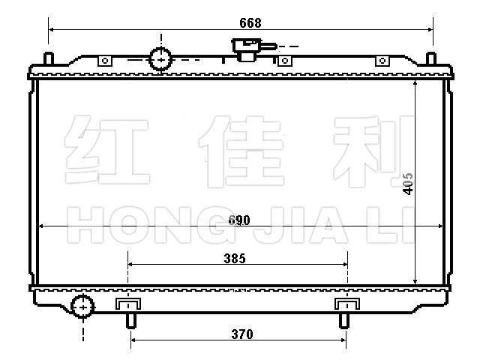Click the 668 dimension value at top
[250, 23]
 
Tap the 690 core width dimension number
[239, 220]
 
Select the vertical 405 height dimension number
[408, 184]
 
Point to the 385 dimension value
[235, 259]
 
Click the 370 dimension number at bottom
[242, 334]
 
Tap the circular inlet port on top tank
[160, 59]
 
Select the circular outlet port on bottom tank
[82, 307]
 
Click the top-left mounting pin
[49, 58]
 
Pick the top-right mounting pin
[431, 58]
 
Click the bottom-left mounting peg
[131, 321]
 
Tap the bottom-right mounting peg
[344, 321]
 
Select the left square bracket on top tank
[105, 61]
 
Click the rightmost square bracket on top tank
[382, 61]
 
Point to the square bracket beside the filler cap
[285, 61]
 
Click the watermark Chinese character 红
[107, 150]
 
